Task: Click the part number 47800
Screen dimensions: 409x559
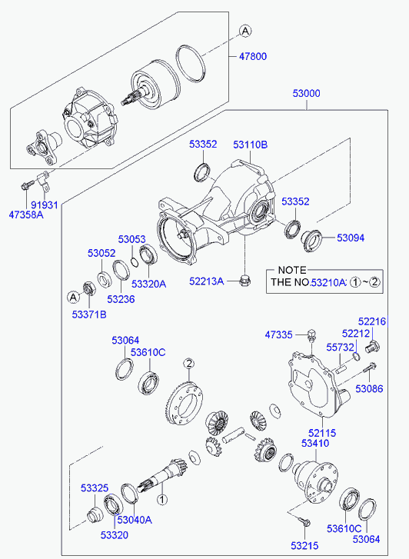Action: (x=252, y=56)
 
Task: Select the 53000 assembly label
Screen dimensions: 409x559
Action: (x=306, y=93)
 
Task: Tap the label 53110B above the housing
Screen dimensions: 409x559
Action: (x=251, y=145)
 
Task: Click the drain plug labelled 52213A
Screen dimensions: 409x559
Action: (x=245, y=281)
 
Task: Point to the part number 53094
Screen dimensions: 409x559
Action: (x=351, y=238)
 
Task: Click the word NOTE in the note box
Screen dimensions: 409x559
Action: (x=292, y=270)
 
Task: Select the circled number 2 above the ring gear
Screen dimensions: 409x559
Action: (x=189, y=364)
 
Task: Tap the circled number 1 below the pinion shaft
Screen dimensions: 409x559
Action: (x=162, y=500)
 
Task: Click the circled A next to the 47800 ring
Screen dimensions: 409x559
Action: (x=245, y=31)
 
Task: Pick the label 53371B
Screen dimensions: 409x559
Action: (x=89, y=314)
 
